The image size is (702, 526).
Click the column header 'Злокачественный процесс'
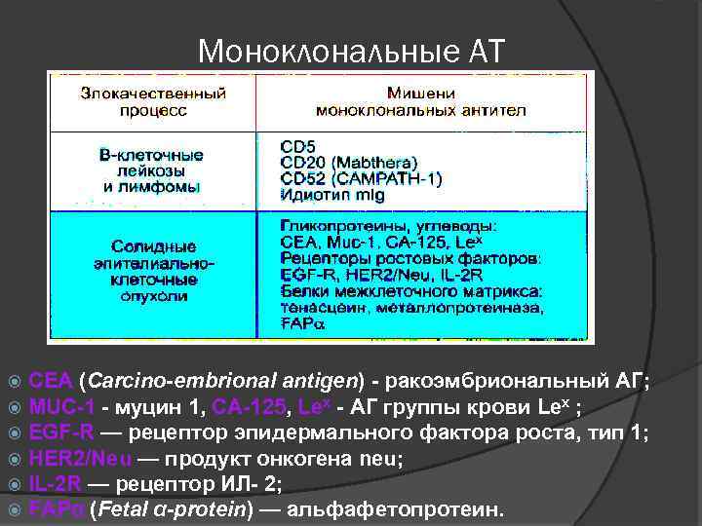tap(154, 102)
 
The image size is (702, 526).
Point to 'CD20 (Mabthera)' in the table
tap(348, 163)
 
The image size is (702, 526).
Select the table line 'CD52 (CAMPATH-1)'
tap(360, 178)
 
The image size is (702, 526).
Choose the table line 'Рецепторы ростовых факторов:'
tap(407, 258)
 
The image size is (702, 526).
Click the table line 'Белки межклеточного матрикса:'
tap(410, 290)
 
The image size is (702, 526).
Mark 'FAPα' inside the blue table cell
tap(302, 322)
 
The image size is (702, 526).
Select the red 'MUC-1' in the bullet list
tap(61, 405)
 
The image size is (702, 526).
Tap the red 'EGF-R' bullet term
tap(61, 432)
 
